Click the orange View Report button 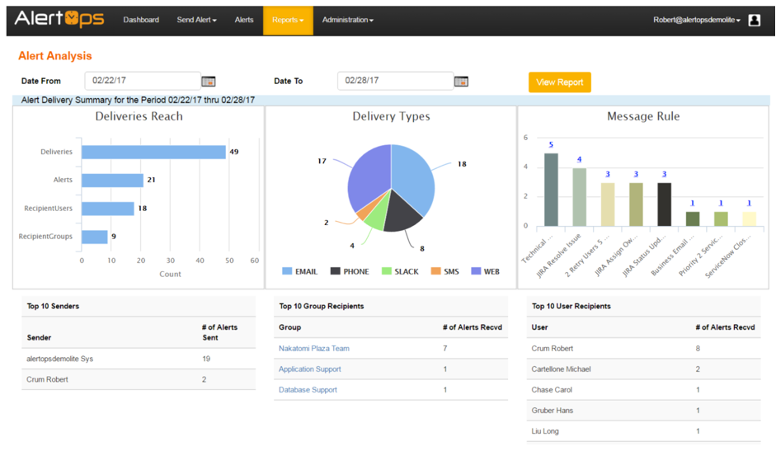[559, 82]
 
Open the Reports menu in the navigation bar [288, 20]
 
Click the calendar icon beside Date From [209, 81]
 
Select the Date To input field [395, 81]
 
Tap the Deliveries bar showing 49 [153, 152]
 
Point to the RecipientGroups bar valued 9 [95, 237]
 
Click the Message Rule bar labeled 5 [551, 189]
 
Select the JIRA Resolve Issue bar [579, 196]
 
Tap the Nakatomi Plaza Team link [314, 349]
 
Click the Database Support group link [308, 390]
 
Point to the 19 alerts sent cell [207, 359]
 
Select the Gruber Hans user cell [553, 411]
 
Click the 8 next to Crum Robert [698, 349]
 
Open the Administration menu [347, 20]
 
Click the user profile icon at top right [754, 20]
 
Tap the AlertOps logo [59, 18]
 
